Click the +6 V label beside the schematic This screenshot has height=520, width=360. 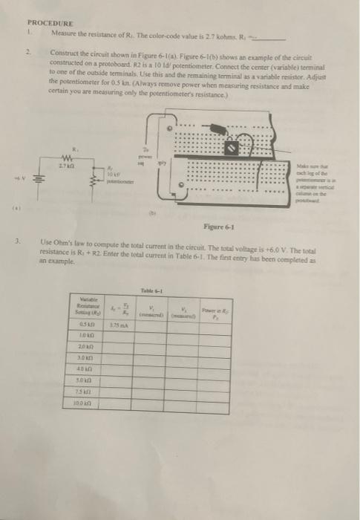24,178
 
